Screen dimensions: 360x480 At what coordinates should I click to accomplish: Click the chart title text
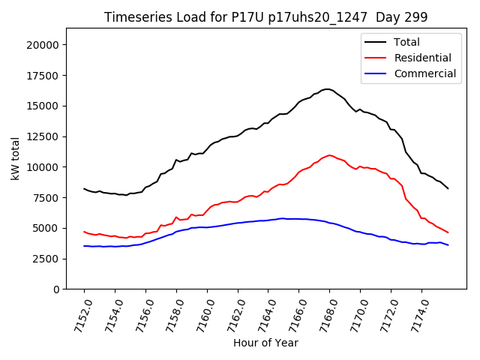click(x=266, y=17)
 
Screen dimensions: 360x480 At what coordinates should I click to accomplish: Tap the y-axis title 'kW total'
click(x=15, y=158)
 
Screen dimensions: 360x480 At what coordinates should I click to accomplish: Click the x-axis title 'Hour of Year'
click(x=265, y=343)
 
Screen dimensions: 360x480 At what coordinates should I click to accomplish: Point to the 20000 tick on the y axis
click(x=43, y=44)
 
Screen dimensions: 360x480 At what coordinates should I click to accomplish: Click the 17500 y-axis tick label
click(x=43, y=75)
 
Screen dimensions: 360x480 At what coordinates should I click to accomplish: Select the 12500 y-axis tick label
click(x=43, y=136)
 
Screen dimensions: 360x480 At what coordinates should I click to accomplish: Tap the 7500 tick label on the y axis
click(x=46, y=197)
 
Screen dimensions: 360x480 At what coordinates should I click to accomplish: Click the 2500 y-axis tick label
click(x=46, y=259)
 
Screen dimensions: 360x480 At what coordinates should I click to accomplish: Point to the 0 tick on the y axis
click(x=55, y=289)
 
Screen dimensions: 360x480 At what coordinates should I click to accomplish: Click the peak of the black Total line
click(x=327, y=88)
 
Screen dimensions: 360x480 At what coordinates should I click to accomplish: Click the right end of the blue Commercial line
click(x=448, y=245)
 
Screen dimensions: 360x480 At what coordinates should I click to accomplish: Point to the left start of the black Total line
click(x=84, y=188)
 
